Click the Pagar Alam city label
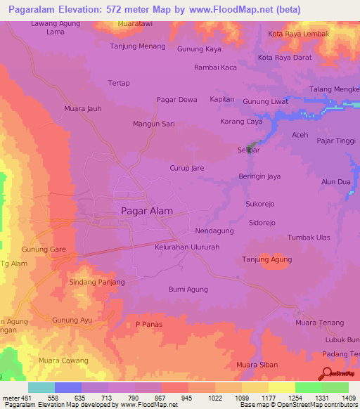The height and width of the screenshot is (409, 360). (147, 211)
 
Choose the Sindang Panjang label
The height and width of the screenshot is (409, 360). (97, 282)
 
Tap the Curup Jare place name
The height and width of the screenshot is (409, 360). (187, 169)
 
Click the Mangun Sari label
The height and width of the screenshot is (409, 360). (153, 124)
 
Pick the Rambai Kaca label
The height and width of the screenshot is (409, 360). (215, 67)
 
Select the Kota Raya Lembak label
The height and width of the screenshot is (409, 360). (298, 34)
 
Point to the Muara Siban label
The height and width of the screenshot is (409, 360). (257, 365)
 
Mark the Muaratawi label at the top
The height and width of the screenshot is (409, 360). (136, 23)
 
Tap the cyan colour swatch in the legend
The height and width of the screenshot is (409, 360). (41, 387)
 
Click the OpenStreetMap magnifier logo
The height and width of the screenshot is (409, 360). (326, 373)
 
